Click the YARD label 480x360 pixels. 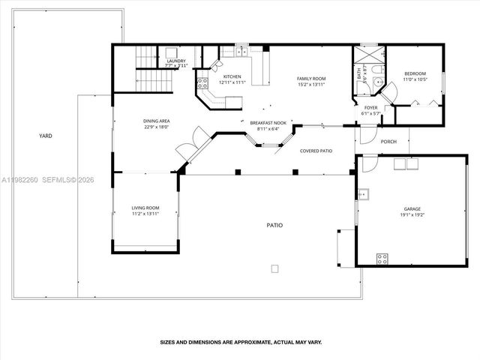coord(46,136)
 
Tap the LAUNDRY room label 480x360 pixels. coord(176,61)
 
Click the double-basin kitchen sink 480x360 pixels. coord(241,52)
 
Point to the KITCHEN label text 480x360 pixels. coord(231,76)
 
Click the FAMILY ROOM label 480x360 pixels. coord(311,78)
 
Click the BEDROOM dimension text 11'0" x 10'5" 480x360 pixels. coord(415,79)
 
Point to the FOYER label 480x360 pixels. coord(371,107)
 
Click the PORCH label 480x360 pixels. coord(388,141)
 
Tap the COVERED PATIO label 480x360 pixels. coord(316,151)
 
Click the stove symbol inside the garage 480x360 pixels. coord(382,259)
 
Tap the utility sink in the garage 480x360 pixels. coord(364,196)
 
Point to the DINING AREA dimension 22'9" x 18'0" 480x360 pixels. coord(157,126)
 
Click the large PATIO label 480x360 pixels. coord(274,225)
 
